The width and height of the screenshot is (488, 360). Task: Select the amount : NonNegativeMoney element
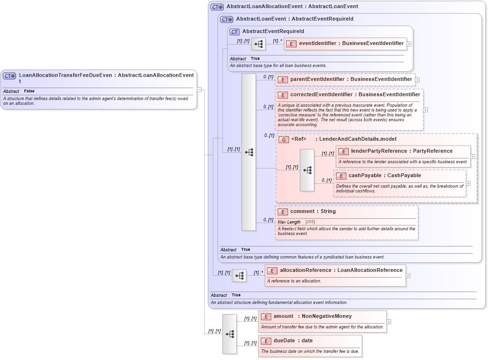(312, 316)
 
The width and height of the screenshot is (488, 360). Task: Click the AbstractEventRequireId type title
(273, 32)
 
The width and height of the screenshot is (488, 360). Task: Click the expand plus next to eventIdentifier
(410, 44)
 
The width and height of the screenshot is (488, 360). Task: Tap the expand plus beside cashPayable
(468, 183)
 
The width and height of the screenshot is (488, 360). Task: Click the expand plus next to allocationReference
(408, 275)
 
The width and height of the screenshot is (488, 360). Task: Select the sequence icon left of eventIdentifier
(258, 44)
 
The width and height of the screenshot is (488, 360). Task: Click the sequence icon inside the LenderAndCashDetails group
(307, 170)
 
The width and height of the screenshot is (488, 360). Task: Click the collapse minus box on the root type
(199, 90)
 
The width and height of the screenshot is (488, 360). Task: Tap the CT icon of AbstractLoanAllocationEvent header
(217, 7)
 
